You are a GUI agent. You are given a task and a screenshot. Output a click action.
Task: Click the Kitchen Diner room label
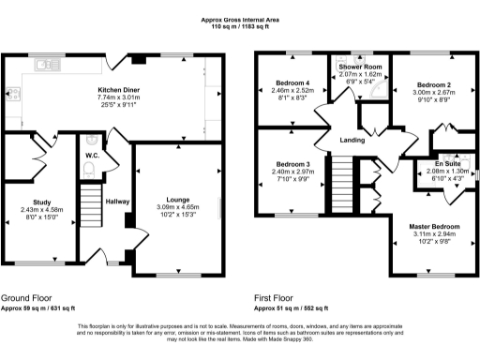click(118, 90)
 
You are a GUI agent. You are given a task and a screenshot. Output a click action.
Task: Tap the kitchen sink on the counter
click(44, 66)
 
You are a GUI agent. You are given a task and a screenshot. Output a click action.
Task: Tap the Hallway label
click(117, 201)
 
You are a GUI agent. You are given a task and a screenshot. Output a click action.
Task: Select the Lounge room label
click(177, 200)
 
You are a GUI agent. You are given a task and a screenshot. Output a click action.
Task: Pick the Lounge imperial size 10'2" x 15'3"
click(177, 215)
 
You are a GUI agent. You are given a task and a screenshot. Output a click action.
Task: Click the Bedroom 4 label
click(290, 83)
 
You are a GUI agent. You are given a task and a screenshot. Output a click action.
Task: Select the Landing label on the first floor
click(352, 141)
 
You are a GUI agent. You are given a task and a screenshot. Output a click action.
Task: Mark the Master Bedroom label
click(434, 226)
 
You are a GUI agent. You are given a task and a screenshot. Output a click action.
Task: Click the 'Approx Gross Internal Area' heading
click(240, 20)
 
